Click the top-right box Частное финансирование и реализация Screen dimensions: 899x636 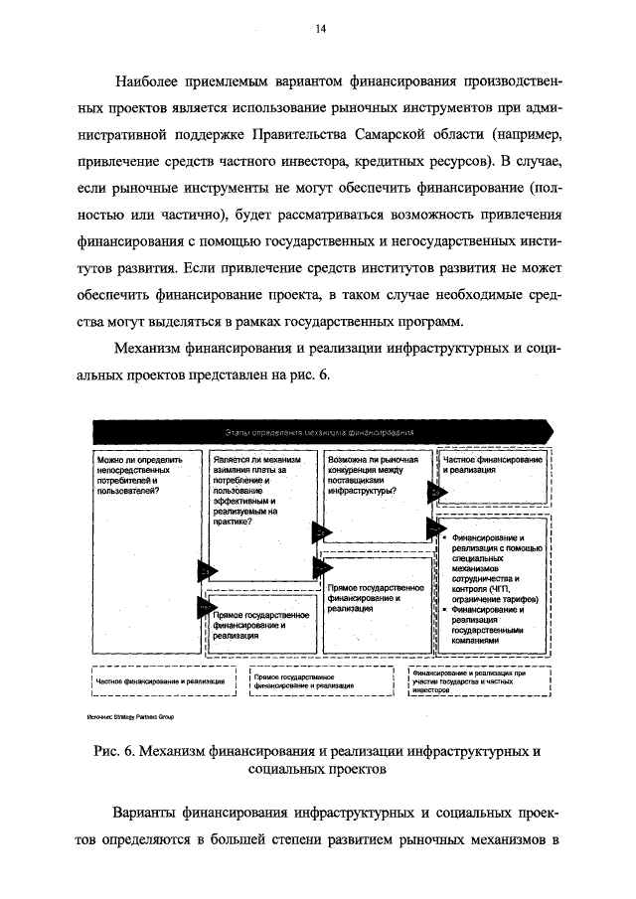[x=493, y=465]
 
